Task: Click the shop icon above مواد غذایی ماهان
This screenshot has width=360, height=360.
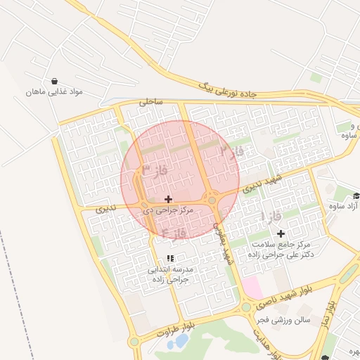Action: pos(55,79)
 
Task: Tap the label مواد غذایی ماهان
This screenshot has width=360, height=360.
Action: pos(55,92)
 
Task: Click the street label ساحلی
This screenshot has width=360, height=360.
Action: pos(150,101)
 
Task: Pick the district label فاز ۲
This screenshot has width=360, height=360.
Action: pos(232,150)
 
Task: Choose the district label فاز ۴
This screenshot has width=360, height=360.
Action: pos(174,232)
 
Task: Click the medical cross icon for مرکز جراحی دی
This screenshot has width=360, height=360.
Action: pos(168,200)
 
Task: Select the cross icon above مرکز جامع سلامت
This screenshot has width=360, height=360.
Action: pos(281,233)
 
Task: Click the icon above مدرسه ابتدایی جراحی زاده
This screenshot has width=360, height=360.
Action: pos(169,258)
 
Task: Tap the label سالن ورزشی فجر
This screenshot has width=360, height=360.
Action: pos(283,321)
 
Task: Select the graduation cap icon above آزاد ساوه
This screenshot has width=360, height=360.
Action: pos(356,195)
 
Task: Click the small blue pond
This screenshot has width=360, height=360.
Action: pos(181,342)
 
